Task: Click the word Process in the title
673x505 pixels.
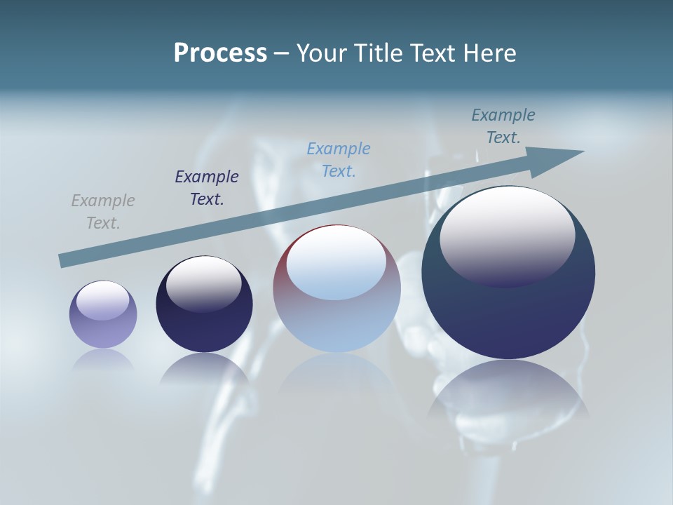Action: pyautogui.click(x=220, y=53)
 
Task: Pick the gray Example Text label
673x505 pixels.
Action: pyautogui.click(x=103, y=212)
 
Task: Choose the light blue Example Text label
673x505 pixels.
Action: pyautogui.click(x=339, y=160)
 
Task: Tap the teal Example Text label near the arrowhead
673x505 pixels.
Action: pyautogui.click(x=503, y=126)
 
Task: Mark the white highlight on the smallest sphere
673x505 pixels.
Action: pyautogui.click(x=102, y=299)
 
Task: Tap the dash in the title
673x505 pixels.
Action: pyautogui.click(x=281, y=53)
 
